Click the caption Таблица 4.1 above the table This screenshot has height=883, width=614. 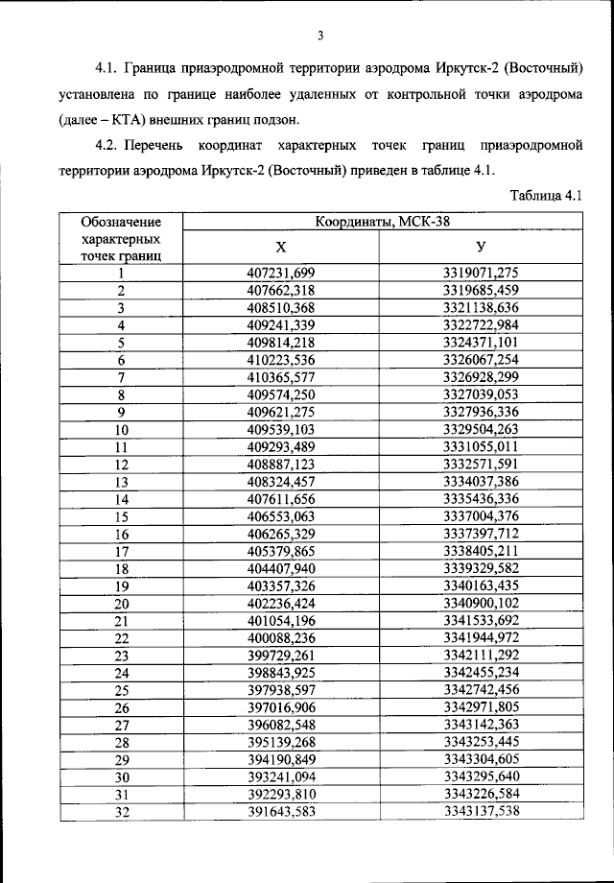point(548,196)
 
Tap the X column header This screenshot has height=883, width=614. point(281,247)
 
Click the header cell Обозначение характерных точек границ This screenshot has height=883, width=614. point(121,239)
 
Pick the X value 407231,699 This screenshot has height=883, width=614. point(281,273)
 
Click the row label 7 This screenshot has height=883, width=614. point(122,377)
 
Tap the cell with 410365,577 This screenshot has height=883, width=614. point(281,377)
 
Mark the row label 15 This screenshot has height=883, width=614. point(122,516)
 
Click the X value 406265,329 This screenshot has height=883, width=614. point(281,534)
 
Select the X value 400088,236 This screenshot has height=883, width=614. point(281,638)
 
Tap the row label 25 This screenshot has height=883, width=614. point(122,690)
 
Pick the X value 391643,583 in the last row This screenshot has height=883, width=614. point(281,812)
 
